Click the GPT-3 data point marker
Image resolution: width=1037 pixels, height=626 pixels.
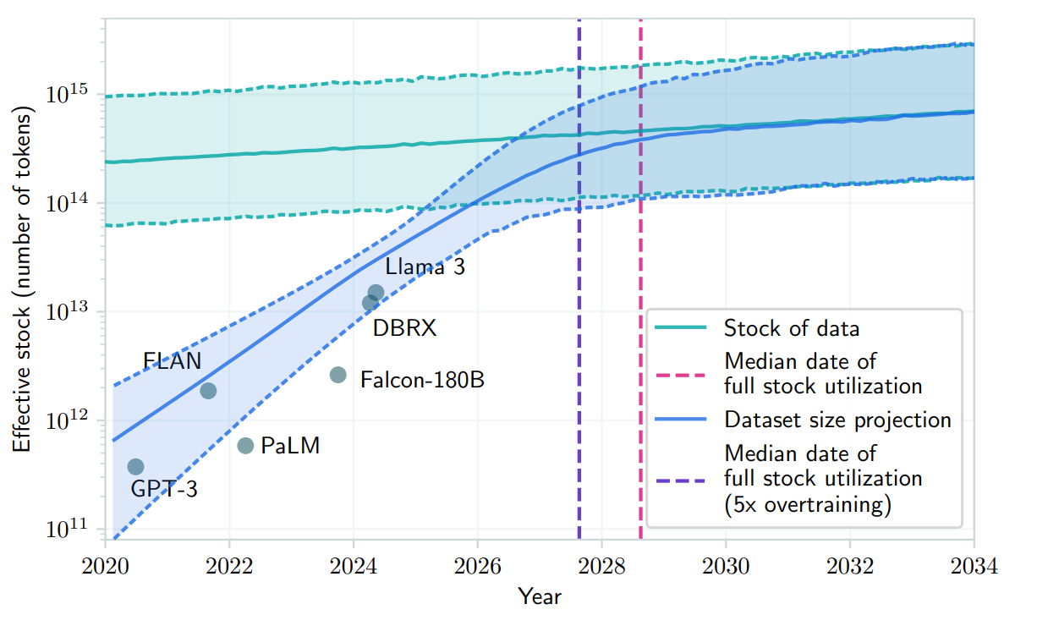(135, 467)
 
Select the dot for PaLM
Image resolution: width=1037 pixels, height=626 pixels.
(245, 446)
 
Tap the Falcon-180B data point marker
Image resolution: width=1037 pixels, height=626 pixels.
(337, 375)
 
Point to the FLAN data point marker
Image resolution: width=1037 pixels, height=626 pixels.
(208, 390)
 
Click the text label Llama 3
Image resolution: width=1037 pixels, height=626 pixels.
(425, 266)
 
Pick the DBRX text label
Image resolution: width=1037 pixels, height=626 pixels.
(404, 328)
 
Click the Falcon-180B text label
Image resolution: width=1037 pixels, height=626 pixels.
(422, 380)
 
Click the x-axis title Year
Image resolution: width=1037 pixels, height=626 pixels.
(540, 596)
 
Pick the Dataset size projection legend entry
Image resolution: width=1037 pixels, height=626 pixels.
(837, 420)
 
